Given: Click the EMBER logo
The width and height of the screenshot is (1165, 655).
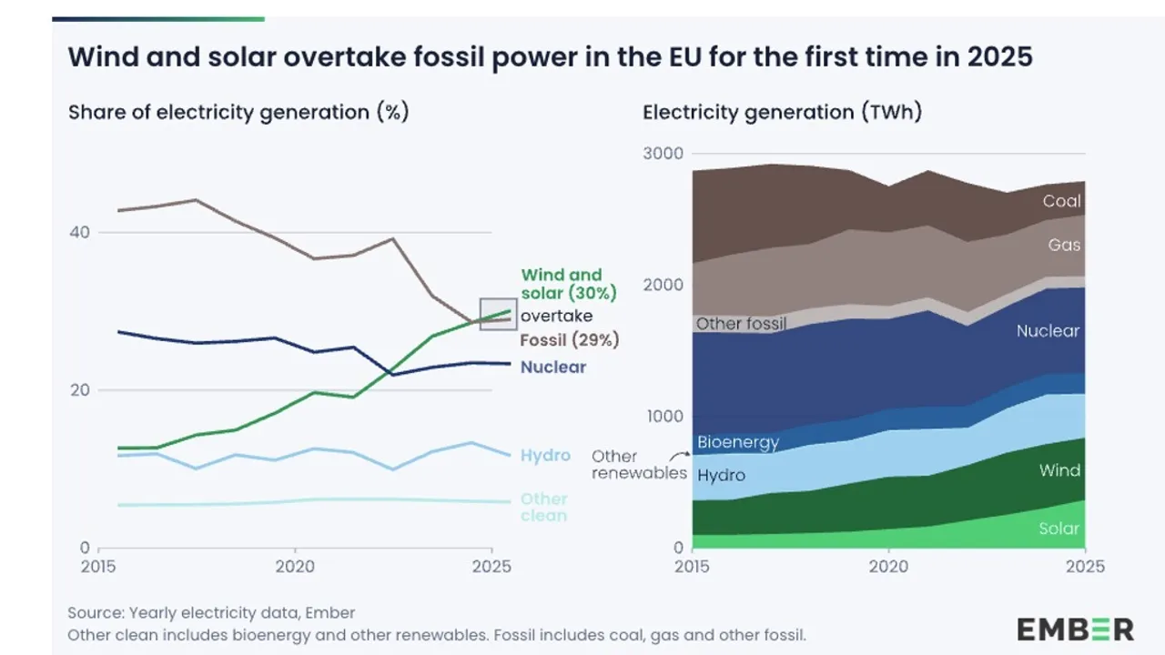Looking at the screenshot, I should click(x=1075, y=629).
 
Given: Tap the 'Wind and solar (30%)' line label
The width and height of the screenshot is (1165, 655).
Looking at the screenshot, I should click(x=568, y=284).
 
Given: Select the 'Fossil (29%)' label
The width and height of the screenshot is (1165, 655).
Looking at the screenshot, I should click(x=570, y=340).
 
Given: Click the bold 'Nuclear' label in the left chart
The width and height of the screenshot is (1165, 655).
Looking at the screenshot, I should click(x=553, y=368).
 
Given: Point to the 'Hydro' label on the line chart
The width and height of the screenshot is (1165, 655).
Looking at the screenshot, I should click(x=545, y=456).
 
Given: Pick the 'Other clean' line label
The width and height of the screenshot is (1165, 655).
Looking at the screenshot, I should click(x=543, y=508).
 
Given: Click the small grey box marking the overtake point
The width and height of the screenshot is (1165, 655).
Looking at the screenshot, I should click(x=498, y=314).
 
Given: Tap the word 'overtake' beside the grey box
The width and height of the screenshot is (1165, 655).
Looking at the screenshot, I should click(x=556, y=316).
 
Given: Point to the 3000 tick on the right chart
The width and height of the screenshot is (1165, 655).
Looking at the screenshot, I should click(x=664, y=154).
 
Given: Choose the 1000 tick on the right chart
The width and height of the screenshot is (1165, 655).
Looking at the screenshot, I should click(x=664, y=417).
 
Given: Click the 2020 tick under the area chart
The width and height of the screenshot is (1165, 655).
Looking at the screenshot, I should click(x=888, y=567).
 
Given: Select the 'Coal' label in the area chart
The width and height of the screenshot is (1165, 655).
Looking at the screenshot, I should click(x=1061, y=201).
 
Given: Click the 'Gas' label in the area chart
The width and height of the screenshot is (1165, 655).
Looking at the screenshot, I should click(x=1064, y=245).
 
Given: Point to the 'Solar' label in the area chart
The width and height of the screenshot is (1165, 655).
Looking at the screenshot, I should click(x=1059, y=529).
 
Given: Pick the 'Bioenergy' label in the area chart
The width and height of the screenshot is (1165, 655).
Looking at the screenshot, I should click(x=738, y=443).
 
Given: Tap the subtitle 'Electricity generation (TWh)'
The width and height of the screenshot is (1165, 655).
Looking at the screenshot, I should click(x=782, y=113).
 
